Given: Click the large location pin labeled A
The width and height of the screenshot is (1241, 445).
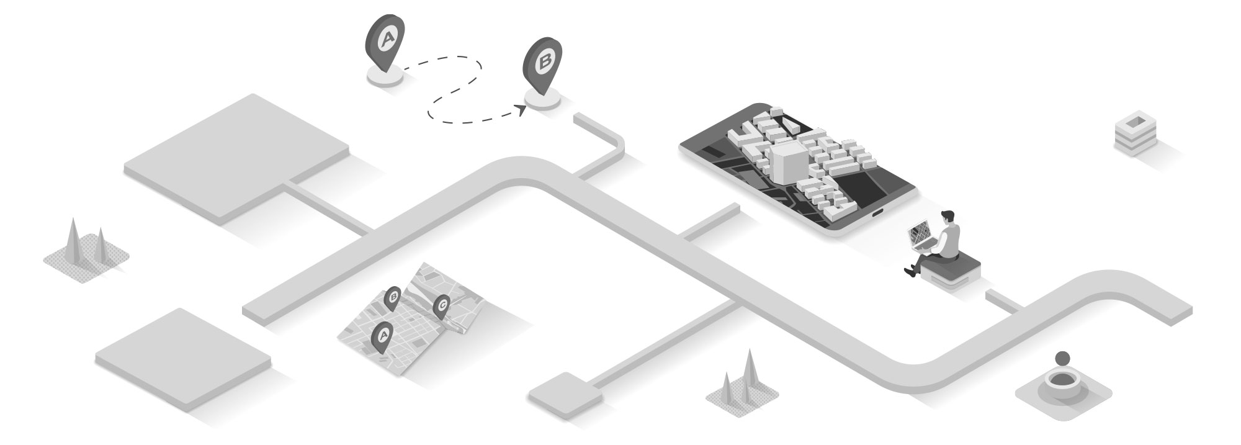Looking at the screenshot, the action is click(385, 41).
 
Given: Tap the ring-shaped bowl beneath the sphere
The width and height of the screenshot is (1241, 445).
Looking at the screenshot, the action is click(1063, 385).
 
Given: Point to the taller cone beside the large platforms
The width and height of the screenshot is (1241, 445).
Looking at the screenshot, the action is click(74, 239).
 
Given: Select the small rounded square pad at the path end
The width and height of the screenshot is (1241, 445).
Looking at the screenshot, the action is click(565, 393).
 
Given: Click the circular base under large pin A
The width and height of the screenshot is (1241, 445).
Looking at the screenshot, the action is click(386, 75).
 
